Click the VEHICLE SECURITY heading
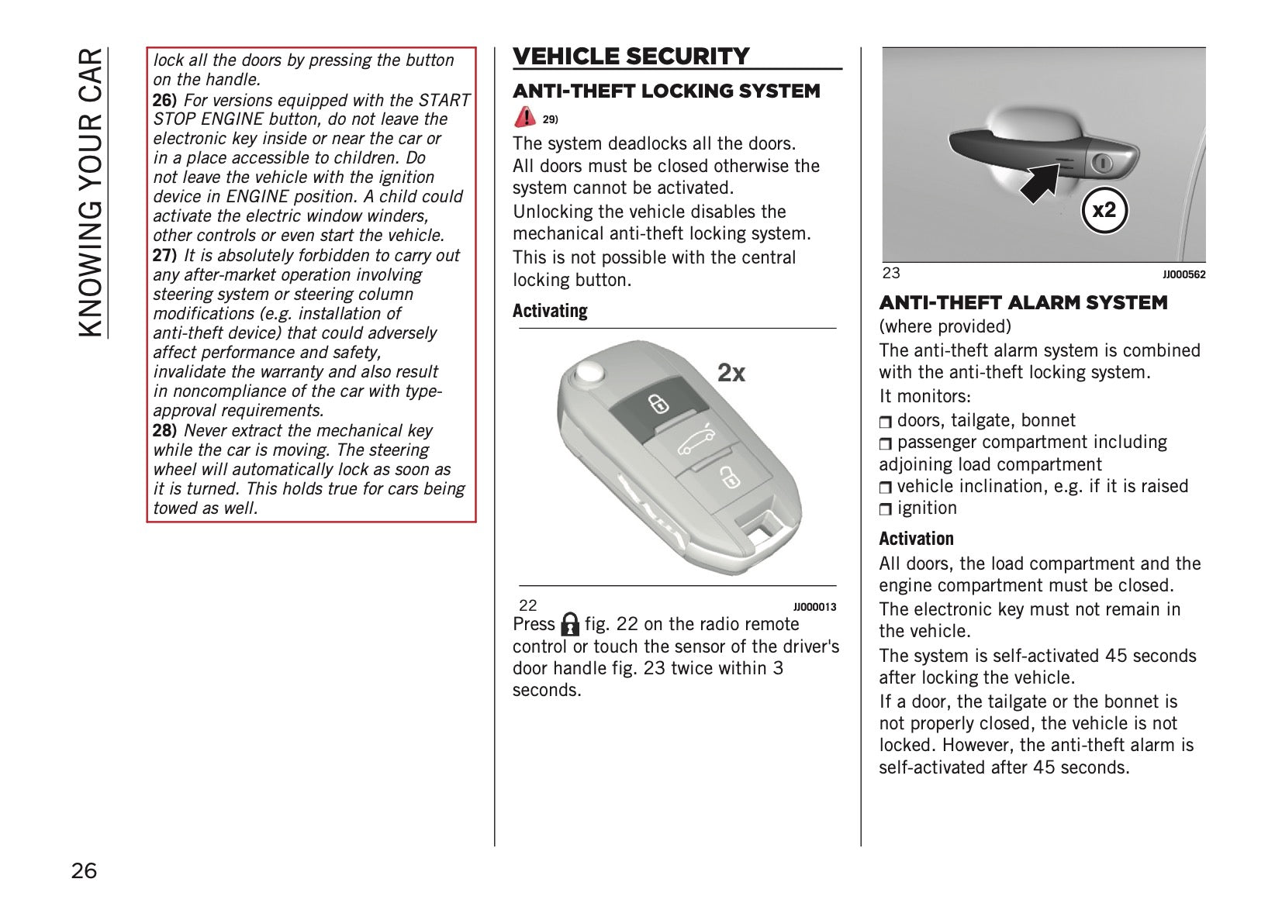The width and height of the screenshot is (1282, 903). point(631,57)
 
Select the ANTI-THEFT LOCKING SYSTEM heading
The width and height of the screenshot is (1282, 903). point(666,91)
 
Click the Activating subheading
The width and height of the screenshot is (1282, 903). point(550,311)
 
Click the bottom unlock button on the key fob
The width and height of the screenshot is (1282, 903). point(727,477)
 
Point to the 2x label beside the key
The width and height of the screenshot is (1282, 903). point(731,374)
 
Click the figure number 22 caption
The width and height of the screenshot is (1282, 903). point(527,606)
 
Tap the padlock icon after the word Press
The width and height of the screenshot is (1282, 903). point(570,624)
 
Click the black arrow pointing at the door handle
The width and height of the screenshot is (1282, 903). point(1042,182)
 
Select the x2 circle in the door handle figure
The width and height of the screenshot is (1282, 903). point(1104,210)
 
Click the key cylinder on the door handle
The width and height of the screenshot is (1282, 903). point(1102,163)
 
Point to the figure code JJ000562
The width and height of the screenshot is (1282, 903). point(1184,274)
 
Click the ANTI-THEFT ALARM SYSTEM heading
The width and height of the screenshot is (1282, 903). point(1023,303)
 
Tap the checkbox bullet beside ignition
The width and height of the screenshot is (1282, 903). point(886,509)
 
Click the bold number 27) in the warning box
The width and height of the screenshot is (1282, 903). point(164,256)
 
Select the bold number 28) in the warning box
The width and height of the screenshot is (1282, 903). point(164,431)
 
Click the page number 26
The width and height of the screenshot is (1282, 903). point(85,871)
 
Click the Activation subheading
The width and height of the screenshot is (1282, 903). point(916,539)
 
